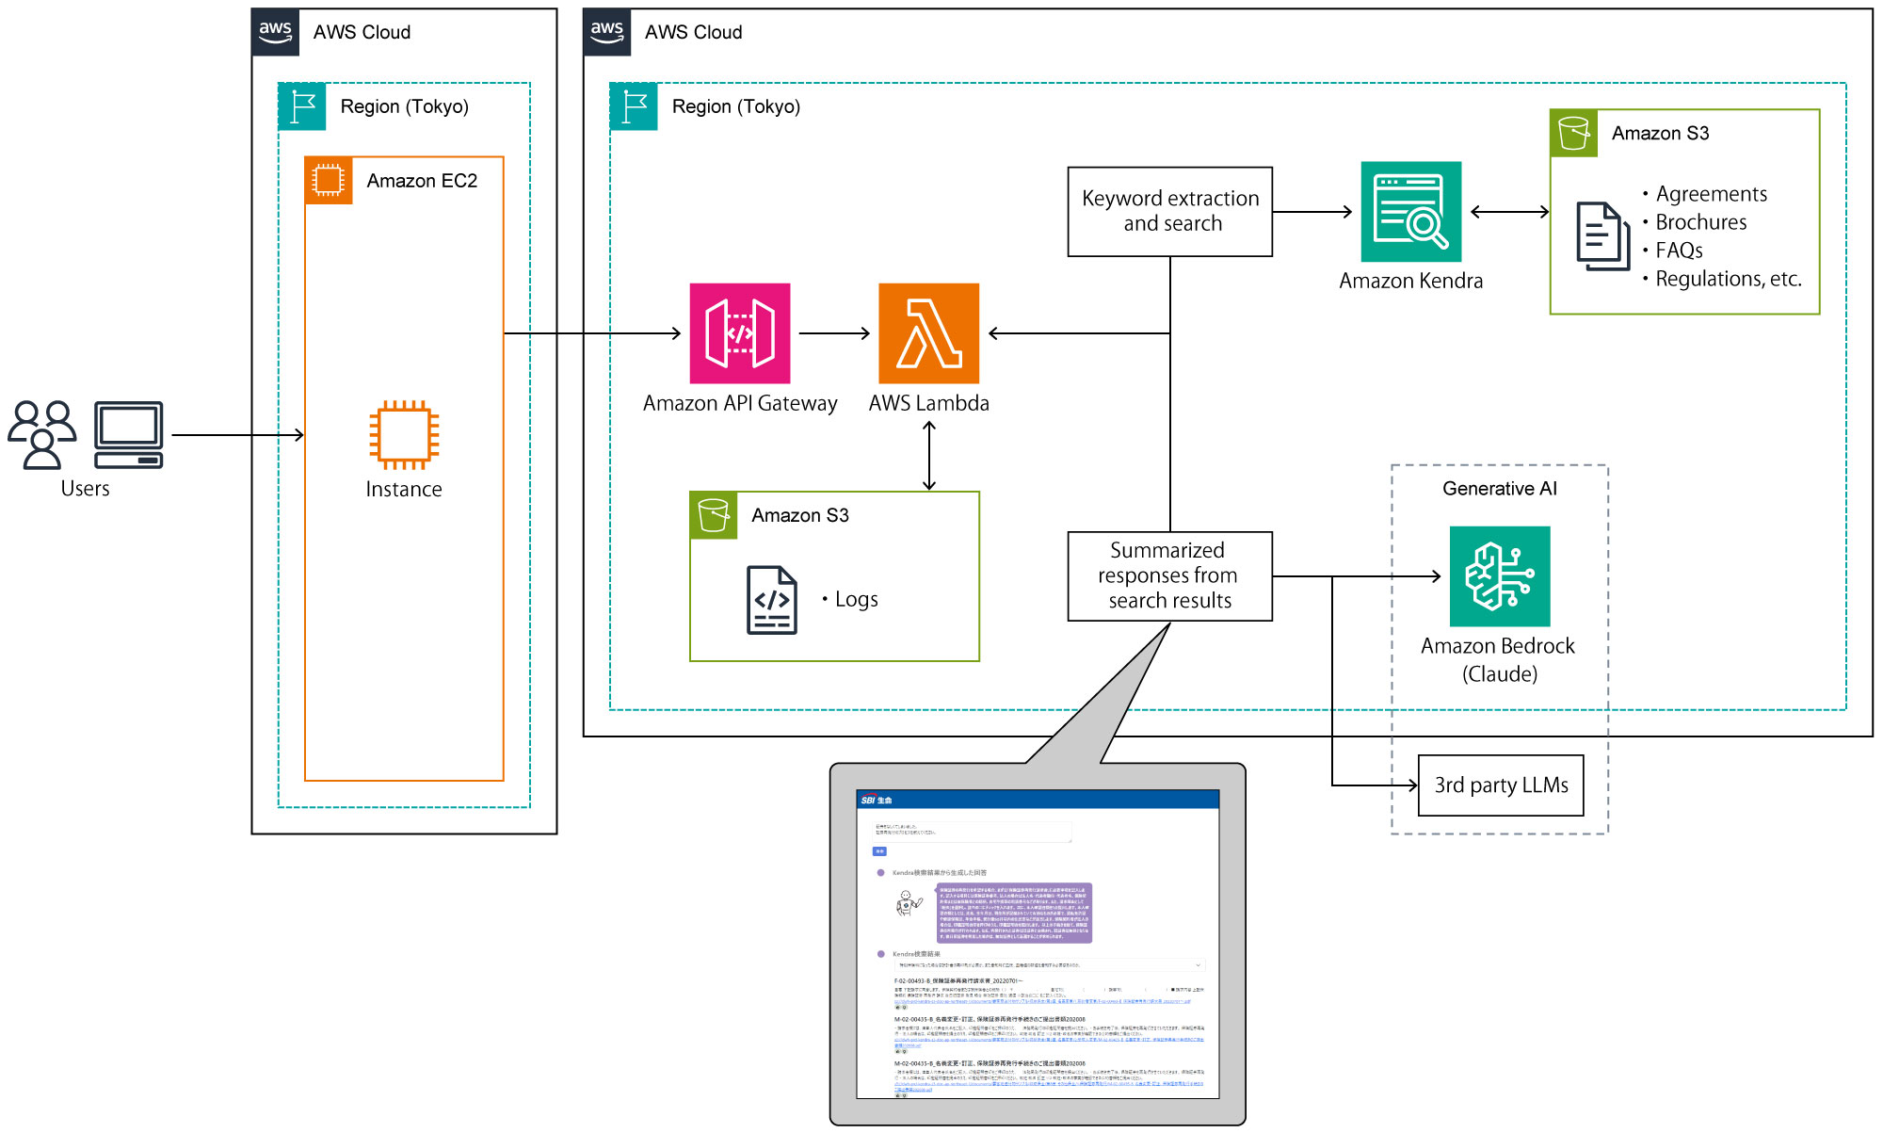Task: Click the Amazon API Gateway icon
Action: coord(740,333)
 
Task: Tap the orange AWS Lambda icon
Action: coord(928,333)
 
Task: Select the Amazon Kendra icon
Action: coord(1410,212)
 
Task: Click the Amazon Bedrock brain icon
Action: coord(1499,576)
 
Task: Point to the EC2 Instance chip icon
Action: coord(404,435)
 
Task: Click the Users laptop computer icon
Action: coord(129,434)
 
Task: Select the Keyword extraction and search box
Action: coord(1169,212)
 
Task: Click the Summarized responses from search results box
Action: coord(1169,576)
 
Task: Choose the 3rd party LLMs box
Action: coord(1501,785)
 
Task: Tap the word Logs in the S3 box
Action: coord(856,600)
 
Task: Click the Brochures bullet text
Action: coord(1700,222)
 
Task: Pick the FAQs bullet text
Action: coord(1679,251)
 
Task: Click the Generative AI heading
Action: coord(1499,489)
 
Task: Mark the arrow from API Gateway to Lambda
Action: coord(834,333)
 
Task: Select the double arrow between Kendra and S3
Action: coord(1509,212)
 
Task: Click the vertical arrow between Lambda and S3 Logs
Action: coord(929,456)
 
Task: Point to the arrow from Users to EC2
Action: coord(237,435)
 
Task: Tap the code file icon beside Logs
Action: coord(771,600)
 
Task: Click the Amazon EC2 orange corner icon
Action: coord(329,180)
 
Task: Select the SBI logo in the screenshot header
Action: coord(876,801)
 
